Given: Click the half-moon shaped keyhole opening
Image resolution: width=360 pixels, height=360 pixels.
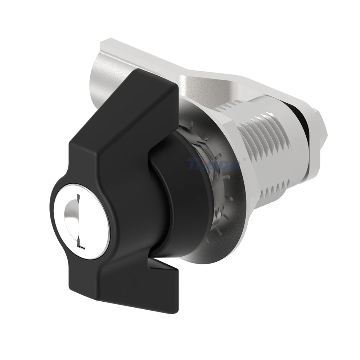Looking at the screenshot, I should tap(71, 216).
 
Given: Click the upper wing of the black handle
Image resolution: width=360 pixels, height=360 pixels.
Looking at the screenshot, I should tap(144, 108).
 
